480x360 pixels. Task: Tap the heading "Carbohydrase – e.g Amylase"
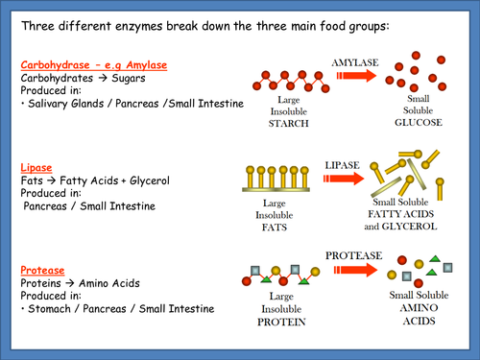pyautogui.click(x=94, y=65)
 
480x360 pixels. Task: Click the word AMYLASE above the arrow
pyautogui.click(x=355, y=60)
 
